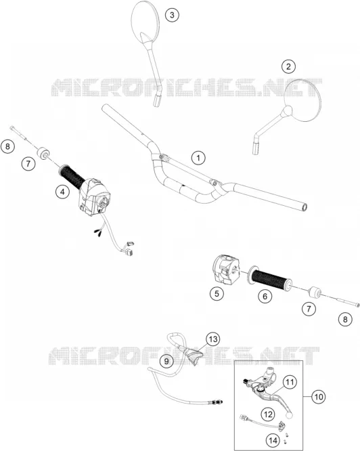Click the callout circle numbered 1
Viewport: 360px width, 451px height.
[x=198, y=158]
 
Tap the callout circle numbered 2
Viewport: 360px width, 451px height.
[x=288, y=66]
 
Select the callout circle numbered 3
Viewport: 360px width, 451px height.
[x=172, y=15]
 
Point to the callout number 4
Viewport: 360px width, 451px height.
[x=63, y=192]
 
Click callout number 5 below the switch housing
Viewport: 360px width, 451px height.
[x=217, y=293]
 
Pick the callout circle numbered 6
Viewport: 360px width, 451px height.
[x=265, y=296]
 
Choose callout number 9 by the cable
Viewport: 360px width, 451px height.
[x=166, y=361]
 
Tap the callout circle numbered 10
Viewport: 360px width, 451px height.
[x=319, y=397]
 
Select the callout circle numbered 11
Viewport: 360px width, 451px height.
[x=290, y=382]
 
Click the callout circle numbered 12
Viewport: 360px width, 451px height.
[x=268, y=414]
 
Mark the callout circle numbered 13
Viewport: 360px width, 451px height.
[x=213, y=339]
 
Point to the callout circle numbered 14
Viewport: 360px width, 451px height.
[x=273, y=440]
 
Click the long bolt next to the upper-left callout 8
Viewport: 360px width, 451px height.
[x=21, y=133]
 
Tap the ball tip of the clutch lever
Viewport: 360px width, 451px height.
[x=289, y=414]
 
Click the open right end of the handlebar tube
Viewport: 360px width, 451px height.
[x=305, y=207]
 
